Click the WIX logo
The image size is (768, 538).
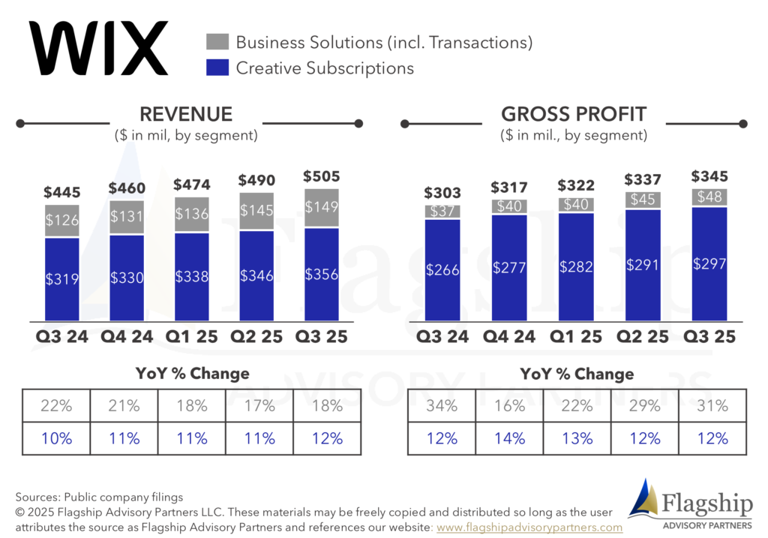98,48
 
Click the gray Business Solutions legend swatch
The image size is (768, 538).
217,42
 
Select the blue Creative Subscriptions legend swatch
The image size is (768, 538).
217,68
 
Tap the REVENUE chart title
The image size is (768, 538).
186,114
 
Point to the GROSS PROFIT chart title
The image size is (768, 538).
574,114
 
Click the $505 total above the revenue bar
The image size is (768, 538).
321,176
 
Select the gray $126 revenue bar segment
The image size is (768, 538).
62,221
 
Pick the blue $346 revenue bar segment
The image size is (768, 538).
256,276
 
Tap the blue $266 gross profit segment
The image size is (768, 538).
442,270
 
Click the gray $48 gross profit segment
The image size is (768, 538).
709,197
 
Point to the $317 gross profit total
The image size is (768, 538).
509,187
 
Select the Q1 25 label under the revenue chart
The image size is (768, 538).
191,337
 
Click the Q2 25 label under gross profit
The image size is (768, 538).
642,337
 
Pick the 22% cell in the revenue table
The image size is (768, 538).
56,406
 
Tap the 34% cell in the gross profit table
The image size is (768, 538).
442,406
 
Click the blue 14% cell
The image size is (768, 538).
509,438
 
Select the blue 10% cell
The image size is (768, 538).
56,438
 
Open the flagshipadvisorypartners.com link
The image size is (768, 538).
529,527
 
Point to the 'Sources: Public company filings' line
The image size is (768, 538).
99,497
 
